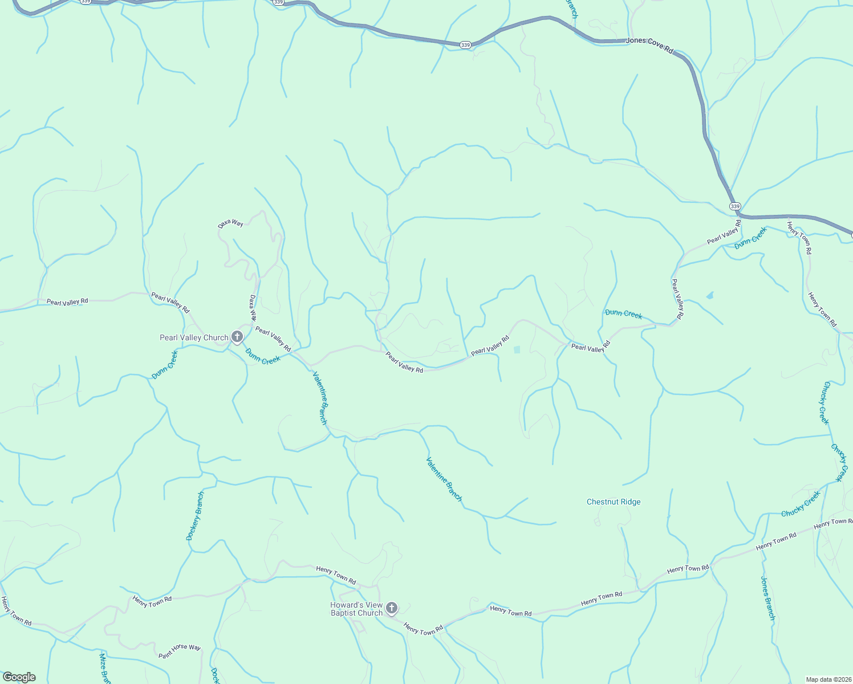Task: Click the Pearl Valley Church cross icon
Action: click(237, 337)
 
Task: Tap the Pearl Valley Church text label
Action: click(194, 338)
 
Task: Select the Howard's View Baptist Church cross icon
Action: click(391, 608)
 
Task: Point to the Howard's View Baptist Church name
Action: click(356, 609)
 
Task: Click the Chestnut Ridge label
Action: click(614, 502)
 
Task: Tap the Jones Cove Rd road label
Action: click(649, 45)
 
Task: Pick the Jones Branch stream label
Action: click(767, 598)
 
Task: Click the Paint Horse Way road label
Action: click(180, 651)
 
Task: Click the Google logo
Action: click(19, 677)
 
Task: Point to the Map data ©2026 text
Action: click(828, 679)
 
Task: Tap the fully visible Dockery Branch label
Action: click(194, 516)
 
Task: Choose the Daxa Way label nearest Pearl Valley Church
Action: click(253, 308)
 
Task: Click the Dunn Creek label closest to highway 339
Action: click(750, 238)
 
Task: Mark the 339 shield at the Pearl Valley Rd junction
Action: click(735, 206)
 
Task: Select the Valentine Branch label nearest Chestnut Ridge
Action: click(444, 479)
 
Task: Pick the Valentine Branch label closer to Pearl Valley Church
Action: click(320, 398)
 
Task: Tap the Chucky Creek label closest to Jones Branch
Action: click(801, 504)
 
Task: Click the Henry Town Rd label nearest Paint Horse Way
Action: click(152, 601)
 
